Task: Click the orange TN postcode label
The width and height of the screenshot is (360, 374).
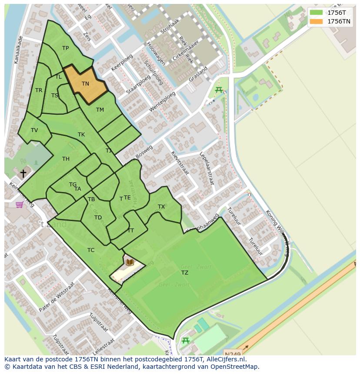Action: pos(85,84)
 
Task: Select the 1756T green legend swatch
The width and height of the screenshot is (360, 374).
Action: pos(316,13)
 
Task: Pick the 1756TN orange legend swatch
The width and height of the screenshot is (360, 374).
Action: pos(316,21)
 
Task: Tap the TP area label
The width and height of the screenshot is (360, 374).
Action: pos(65,48)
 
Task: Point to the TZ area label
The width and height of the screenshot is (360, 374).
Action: pos(185,273)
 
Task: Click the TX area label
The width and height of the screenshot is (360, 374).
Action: pos(161,207)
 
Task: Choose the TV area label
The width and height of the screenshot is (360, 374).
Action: pos(34,130)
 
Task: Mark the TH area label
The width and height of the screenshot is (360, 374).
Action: pos(66,159)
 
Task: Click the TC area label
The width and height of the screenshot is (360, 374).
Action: pos(91,250)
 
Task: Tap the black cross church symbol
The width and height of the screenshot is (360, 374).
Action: pos(23,173)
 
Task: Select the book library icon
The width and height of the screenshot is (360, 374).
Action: pos(130,262)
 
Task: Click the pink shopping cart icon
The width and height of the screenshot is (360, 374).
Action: pos(20,204)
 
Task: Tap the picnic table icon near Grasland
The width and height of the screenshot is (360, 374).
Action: pos(219,90)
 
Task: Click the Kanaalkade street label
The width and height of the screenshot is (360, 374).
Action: pos(18,50)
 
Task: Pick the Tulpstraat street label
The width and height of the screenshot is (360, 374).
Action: pos(99,322)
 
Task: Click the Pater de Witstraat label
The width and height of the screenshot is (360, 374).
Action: pos(57,297)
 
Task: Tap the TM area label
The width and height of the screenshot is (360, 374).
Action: pos(100,110)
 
